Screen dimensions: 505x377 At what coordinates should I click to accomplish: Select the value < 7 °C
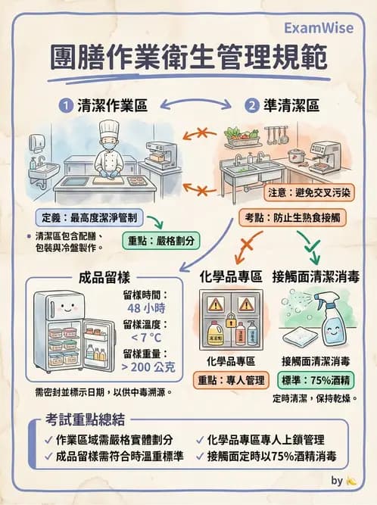pos(147,338)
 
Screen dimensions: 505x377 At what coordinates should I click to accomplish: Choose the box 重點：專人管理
pos(230,379)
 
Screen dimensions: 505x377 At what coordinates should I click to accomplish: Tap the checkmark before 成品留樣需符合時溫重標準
pos(48,457)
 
